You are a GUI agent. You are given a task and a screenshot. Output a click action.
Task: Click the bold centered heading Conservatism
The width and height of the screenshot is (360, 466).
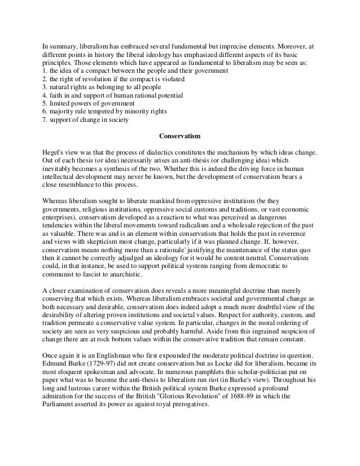coord(180,136)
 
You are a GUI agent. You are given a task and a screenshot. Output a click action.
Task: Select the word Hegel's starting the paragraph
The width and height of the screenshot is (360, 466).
coord(55,152)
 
